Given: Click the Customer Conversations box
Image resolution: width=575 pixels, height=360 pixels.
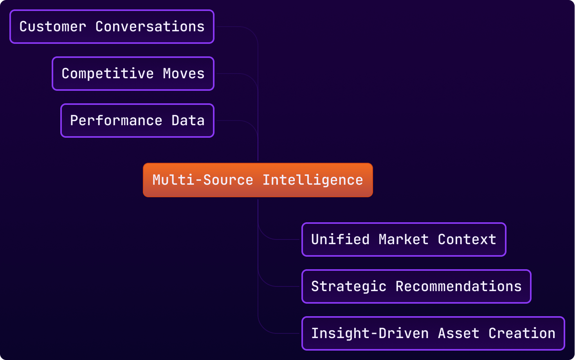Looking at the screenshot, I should [x=112, y=27].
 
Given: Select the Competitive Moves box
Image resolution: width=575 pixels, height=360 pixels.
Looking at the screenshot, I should [x=133, y=74].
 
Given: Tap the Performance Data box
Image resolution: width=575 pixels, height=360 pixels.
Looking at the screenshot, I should [x=137, y=121].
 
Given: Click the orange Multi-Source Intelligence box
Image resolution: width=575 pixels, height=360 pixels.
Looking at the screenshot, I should [x=258, y=180].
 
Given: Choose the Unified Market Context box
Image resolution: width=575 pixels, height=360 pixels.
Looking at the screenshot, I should [x=404, y=239].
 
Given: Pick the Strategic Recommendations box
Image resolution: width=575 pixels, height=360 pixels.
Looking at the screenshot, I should [x=416, y=286].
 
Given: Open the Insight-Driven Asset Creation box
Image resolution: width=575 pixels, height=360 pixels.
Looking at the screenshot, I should [x=433, y=333].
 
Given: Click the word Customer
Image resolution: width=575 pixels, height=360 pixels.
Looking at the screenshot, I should [x=53, y=27].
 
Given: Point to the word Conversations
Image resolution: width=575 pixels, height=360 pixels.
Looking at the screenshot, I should [x=150, y=27].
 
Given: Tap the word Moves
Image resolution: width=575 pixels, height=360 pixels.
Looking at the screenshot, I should [x=184, y=74].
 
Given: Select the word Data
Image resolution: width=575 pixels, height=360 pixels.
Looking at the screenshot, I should [x=188, y=121].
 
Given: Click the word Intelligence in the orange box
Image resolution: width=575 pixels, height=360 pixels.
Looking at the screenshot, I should [x=313, y=180].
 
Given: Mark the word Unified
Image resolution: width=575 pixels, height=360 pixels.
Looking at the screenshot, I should [x=340, y=239].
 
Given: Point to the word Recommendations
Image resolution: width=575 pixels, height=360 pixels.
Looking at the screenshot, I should [x=458, y=286].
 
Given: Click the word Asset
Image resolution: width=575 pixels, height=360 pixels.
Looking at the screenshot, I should [x=458, y=333].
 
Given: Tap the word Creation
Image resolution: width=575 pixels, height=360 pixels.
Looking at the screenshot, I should [x=522, y=333].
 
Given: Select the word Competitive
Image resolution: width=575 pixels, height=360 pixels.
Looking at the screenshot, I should [x=108, y=74].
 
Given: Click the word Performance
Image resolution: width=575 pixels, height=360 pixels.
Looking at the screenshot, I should [x=116, y=121].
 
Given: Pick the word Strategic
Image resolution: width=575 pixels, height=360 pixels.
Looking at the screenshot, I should [x=349, y=286].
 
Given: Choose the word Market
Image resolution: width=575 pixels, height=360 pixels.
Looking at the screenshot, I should [x=404, y=239].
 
